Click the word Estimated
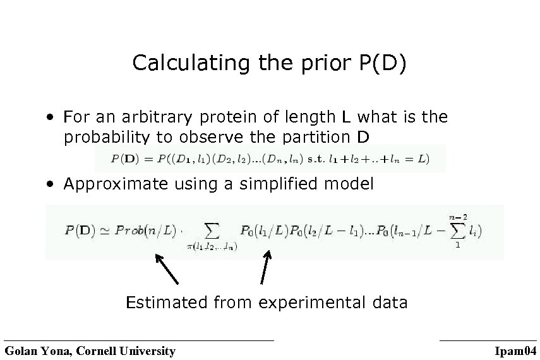pyautogui.click(x=165, y=303)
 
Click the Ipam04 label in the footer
pyautogui.click(x=516, y=351)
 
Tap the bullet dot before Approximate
pyautogui.click(x=49, y=185)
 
